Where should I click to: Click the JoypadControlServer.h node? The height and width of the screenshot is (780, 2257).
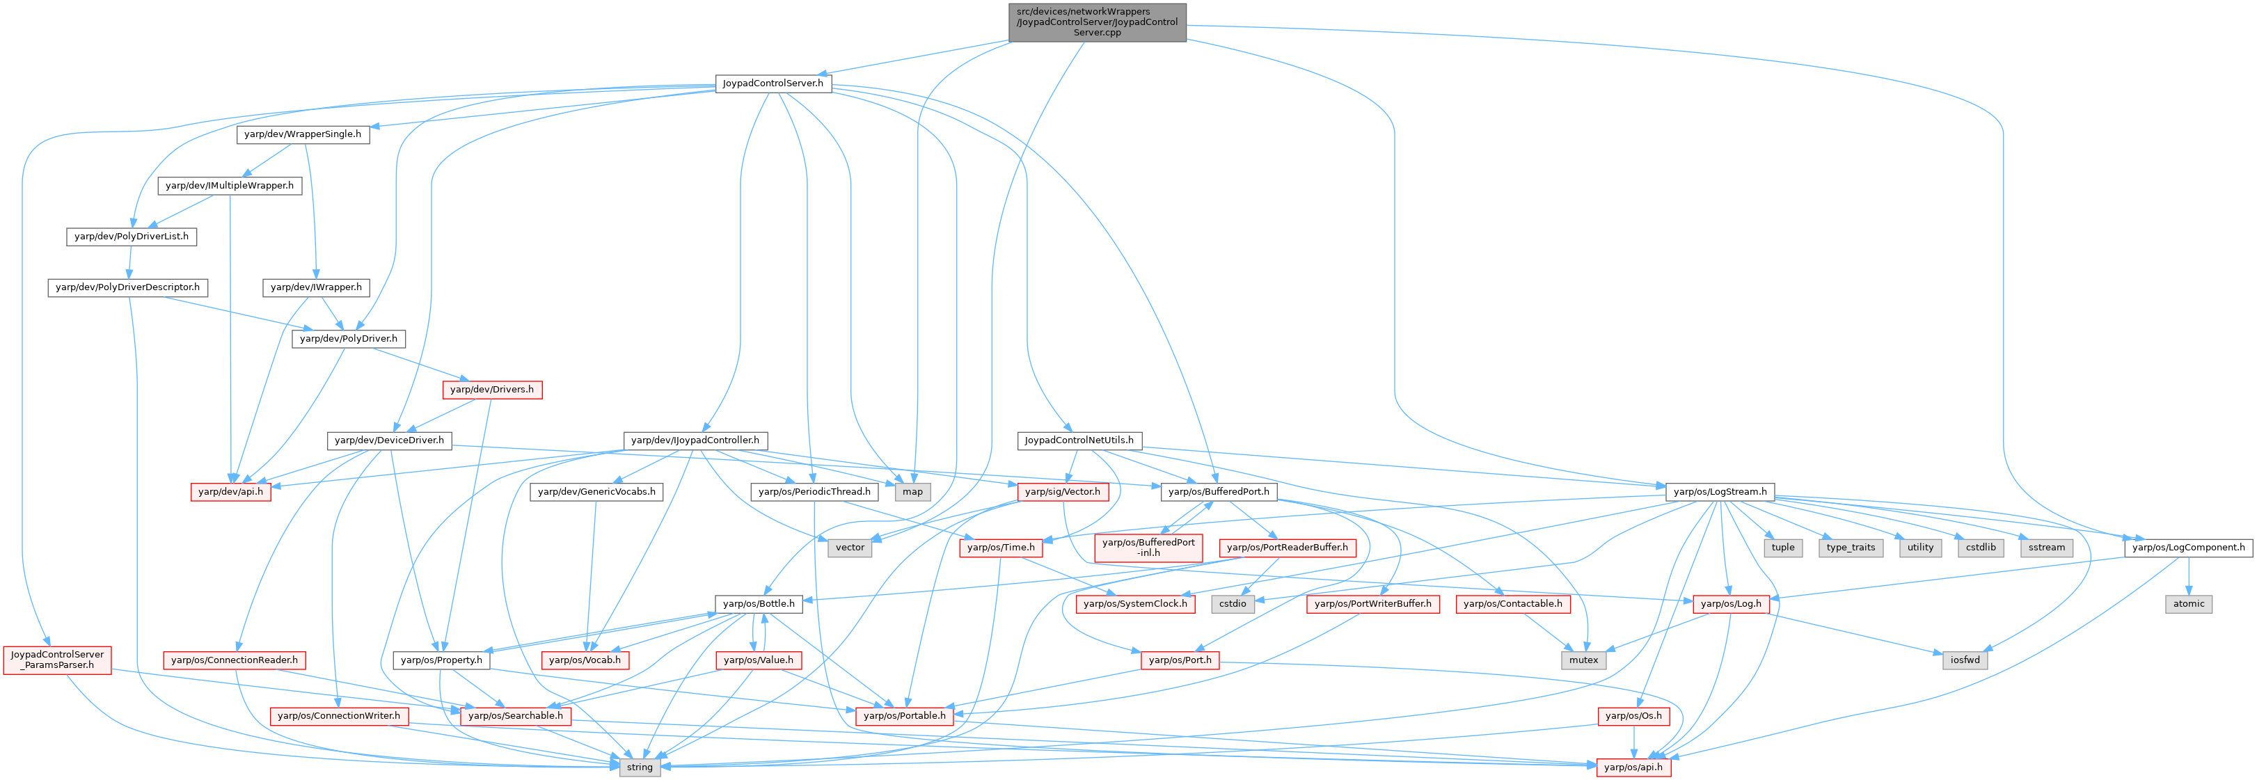pyautogui.click(x=773, y=83)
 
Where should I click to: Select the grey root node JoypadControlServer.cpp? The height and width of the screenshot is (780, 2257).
pyautogui.click(x=1097, y=22)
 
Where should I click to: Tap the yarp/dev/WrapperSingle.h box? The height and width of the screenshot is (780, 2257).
pyautogui.click(x=302, y=134)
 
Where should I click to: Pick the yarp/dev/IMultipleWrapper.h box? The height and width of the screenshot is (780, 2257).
pyautogui.click(x=230, y=186)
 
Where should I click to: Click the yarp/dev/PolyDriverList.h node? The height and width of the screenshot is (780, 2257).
pyautogui.click(x=132, y=237)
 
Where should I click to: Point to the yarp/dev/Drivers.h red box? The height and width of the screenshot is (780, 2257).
pyautogui.click(x=491, y=389)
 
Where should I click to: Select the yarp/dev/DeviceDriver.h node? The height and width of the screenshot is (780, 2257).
pyautogui.click(x=389, y=440)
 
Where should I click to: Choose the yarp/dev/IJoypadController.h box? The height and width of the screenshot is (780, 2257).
pyautogui.click(x=695, y=440)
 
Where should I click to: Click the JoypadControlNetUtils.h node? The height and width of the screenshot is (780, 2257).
pyautogui.click(x=1079, y=440)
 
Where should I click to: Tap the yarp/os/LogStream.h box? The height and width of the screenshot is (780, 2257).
pyautogui.click(x=1720, y=492)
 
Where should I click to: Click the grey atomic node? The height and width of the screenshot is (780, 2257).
pyautogui.click(x=2189, y=604)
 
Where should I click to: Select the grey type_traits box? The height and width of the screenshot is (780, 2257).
pyautogui.click(x=1851, y=548)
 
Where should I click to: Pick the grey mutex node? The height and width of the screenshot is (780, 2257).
pyautogui.click(x=1583, y=660)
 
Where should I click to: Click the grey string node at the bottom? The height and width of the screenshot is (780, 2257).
pyautogui.click(x=639, y=767)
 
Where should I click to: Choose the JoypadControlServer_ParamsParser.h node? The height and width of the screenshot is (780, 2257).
pyautogui.click(x=57, y=660)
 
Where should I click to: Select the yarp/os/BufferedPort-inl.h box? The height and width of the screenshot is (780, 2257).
pyautogui.click(x=1148, y=548)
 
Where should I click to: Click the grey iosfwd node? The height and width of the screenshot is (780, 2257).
pyautogui.click(x=1965, y=660)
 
